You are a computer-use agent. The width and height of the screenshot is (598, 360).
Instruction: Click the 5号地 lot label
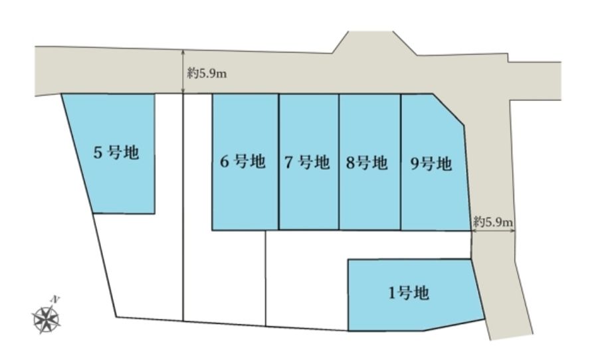tap(116, 153)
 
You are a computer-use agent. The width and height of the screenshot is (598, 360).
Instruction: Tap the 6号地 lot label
tap(243, 161)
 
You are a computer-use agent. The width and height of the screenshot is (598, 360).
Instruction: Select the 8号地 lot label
tap(367, 163)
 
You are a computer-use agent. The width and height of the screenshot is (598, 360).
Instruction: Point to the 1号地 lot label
tap(409, 294)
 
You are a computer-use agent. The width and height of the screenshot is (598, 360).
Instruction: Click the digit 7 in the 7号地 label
tap(290, 163)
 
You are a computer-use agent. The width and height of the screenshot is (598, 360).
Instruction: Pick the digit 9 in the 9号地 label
tap(415, 164)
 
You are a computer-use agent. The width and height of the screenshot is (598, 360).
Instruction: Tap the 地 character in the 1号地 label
tap(422, 294)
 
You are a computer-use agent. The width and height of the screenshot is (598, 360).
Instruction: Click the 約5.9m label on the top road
tap(207, 73)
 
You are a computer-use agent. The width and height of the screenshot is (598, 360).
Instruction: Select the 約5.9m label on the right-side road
tap(493, 221)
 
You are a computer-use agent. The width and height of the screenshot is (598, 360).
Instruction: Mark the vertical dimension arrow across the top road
tap(183, 71)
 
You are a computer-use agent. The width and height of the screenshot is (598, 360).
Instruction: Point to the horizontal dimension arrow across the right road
tap(494, 230)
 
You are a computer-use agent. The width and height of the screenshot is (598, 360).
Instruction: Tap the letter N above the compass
tap(56, 299)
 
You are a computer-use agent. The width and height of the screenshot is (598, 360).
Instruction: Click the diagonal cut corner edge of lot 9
tap(448, 109)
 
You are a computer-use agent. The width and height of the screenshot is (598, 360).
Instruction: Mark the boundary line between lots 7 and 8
tap(339, 161)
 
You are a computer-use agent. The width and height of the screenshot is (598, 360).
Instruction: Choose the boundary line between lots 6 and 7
tap(279, 161)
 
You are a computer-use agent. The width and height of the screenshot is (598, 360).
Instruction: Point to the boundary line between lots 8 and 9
tap(401, 161)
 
